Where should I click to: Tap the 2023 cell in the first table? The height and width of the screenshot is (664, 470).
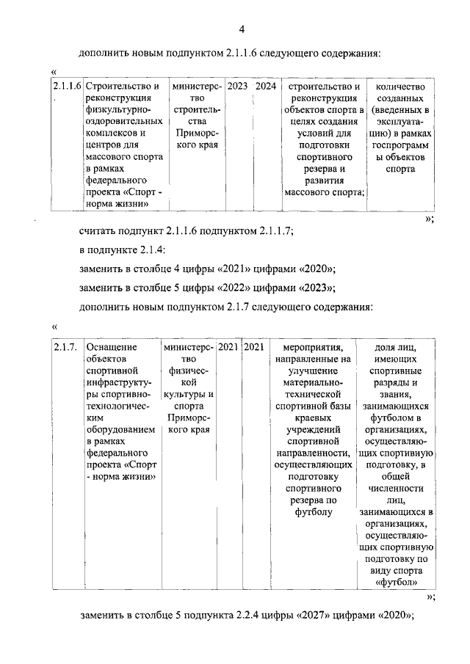point(237,87)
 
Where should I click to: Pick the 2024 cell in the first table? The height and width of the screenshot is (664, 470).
point(266,87)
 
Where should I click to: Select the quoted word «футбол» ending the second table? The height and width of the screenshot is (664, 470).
point(397,583)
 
